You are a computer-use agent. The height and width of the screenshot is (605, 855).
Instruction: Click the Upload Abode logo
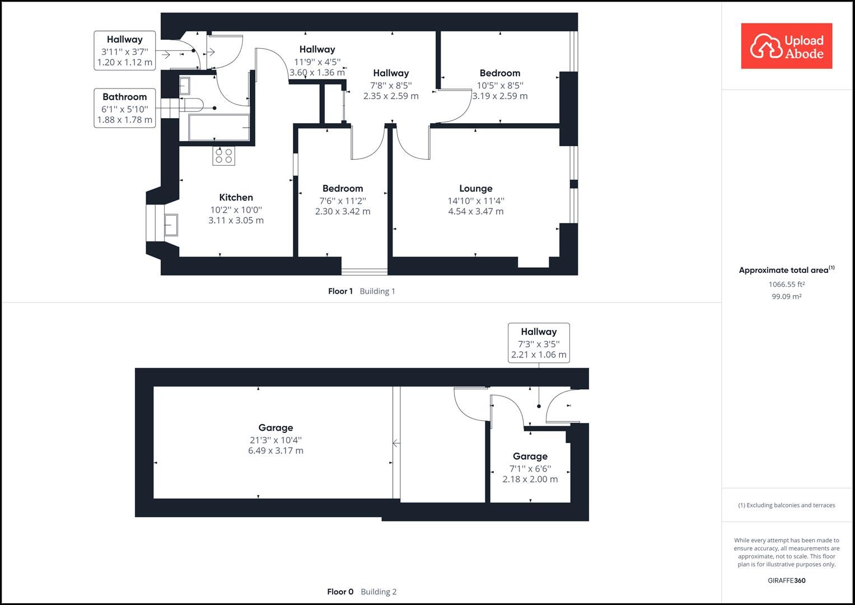tap(786, 46)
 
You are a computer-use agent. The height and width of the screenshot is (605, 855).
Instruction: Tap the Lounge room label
tap(475, 189)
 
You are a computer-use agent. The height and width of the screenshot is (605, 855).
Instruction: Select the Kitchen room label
tap(236, 197)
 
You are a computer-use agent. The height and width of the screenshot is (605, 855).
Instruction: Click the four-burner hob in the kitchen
tap(224, 156)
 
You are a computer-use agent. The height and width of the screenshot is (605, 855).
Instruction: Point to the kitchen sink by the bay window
tap(171, 225)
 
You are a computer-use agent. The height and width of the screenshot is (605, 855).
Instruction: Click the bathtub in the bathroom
tap(219, 128)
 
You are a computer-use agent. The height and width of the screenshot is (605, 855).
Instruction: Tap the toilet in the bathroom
tap(192, 104)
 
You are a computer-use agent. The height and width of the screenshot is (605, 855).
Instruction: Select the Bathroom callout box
tap(124, 108)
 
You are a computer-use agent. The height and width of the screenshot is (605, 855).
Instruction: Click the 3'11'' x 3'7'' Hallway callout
tap(124, 51)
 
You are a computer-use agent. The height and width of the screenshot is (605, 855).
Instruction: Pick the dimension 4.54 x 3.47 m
tap(475, 212)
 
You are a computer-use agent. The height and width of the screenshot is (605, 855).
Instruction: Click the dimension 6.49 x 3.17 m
tap(275, 451)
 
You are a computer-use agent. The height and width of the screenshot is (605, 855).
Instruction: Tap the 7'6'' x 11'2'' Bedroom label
tap(342, 200)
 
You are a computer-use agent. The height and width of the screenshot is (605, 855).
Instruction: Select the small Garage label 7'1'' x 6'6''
tap(530, 468)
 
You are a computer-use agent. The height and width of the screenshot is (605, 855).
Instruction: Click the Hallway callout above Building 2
tap(539, 343)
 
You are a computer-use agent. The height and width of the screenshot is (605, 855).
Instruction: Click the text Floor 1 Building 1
tap(361, 291)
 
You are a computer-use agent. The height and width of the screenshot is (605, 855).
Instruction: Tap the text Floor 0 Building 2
tap(361, 592)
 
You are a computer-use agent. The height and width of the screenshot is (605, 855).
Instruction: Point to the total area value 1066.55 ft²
tap(786, 285)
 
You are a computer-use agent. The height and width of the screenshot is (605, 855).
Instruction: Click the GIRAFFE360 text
tap(786, 580)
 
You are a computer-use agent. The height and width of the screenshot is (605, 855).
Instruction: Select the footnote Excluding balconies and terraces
tap(786, 505)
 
